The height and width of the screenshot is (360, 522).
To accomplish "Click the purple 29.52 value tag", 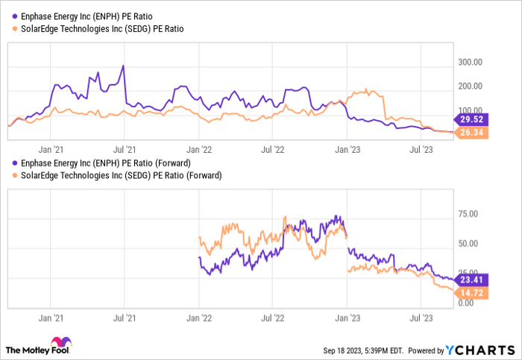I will pyautogui.click(x=470, y=119).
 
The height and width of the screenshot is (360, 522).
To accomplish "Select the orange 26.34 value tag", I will pyautogui.click(x=470, y=133).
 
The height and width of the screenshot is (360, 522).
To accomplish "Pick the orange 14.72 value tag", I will pyautogui.click(x=470, y=294).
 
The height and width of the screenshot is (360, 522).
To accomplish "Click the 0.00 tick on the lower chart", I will pyautogui.click(x=465, y=303).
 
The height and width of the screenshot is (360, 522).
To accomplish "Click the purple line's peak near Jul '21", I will pyautogui.click(x=123, y=66).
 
